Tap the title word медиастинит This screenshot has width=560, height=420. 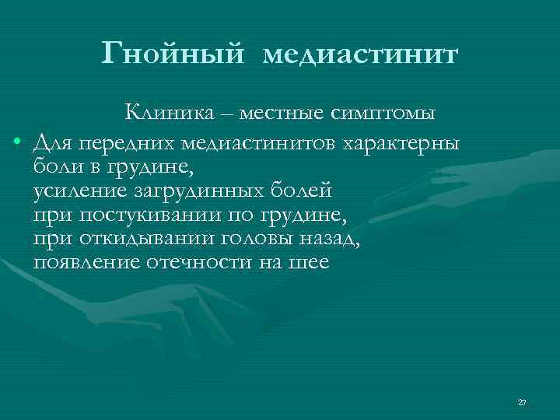(362, 54)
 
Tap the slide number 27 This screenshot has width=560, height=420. (522, 402)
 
